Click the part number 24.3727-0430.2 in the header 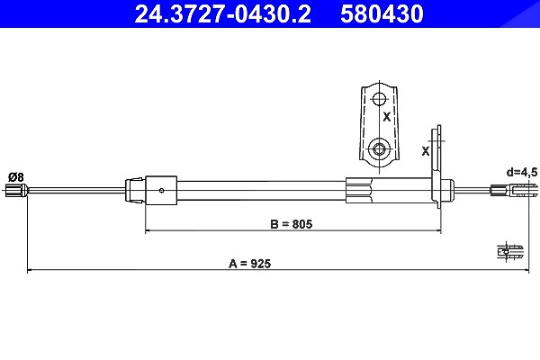222,14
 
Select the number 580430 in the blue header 382,14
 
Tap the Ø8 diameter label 16,177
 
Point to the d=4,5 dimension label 522,172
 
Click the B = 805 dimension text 292,224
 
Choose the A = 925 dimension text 249,264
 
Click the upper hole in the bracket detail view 380,100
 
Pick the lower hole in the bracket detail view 380,149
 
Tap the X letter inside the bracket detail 387,117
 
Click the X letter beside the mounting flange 426,151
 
